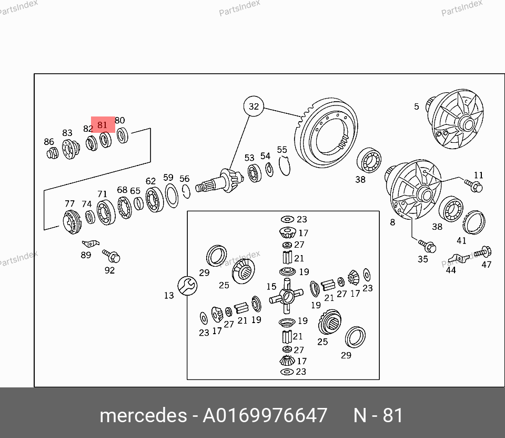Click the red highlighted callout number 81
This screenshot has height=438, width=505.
(x=103, y=125)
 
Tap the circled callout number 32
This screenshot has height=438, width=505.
(x=254, y=106)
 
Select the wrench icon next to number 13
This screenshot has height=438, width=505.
(x=187, y=286)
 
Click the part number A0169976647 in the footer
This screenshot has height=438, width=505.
(x=265, y=415)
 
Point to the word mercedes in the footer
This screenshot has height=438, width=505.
(x=143, y=415)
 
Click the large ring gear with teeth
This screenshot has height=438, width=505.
(x=326, y=133)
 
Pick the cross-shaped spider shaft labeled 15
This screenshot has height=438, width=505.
(x=286, y=296)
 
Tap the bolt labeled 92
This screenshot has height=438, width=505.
(x=112, y=256)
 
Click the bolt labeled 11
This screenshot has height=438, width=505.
(x=473, y=186)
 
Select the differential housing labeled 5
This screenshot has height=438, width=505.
(x=454, y=119)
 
